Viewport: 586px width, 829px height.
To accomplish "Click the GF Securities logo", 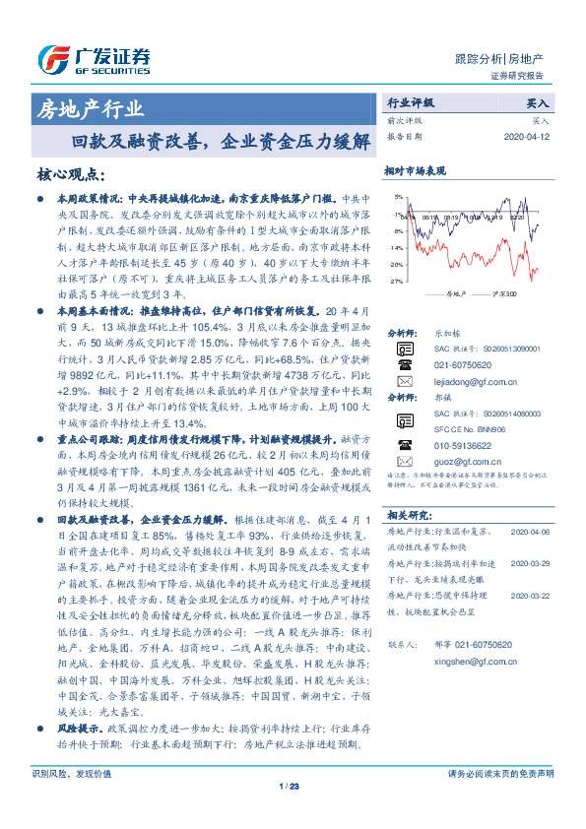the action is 94,60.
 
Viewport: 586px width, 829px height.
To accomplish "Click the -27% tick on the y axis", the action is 395,281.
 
